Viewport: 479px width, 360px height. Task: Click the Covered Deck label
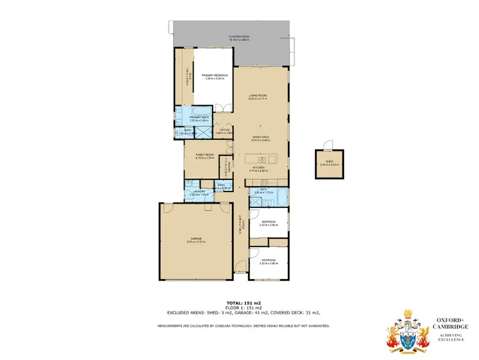coord(240,37)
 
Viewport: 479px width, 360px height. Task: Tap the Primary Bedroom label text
coord(214,75)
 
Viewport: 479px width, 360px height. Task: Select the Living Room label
coord(257,96)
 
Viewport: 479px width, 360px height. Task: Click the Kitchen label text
coord(259,169)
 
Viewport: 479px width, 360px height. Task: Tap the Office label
coord(224,130)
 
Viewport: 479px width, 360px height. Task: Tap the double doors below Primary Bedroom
coord(221,108)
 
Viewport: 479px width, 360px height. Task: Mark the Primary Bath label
coord(200,117)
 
